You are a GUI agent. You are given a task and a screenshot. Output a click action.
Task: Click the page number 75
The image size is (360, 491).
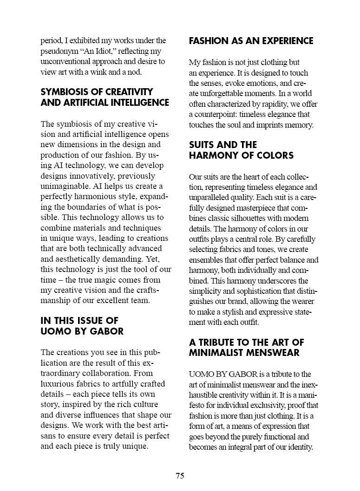point(180,476)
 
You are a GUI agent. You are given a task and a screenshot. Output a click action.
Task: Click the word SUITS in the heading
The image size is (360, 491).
point(203,145)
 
